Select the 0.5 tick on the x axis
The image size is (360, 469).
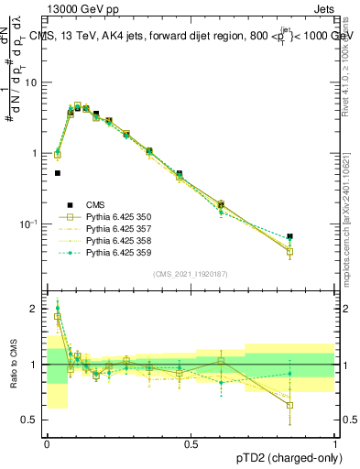coord(191,442)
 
